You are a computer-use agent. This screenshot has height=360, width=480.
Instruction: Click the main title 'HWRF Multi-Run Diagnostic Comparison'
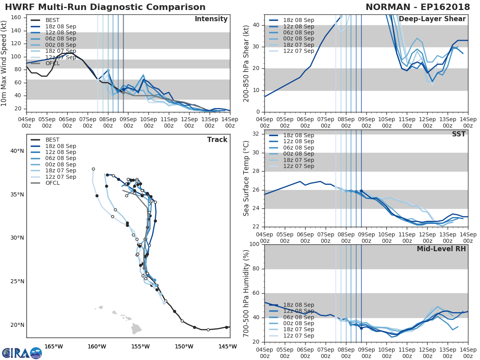pyautogui.click(x=105, y=7)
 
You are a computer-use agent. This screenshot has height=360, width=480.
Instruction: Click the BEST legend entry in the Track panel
pyautogui.click(x=52, y=140)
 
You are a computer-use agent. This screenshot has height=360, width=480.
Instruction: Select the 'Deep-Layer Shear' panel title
pyautogui.click(x=432, y=19)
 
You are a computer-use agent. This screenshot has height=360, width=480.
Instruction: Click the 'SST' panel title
pyautogui.click(x=458, y=134)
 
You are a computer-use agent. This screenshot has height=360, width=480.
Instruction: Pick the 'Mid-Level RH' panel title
pyautogui.click(x=441, y=249)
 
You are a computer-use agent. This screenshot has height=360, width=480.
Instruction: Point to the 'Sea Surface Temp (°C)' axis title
pyautogui.click(x=246, y=178)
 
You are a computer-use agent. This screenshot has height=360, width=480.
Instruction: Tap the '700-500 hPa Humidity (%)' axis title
pyautogui.click(x=246, y=293)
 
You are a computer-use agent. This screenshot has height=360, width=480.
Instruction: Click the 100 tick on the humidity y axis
pyautogui.click(x=254, y=244)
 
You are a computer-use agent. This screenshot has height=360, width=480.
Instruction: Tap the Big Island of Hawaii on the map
pyautogui.click(x=136, y=329)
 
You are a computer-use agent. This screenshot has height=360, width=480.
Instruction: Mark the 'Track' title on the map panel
pyautogui.click(x=217, y=140)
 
